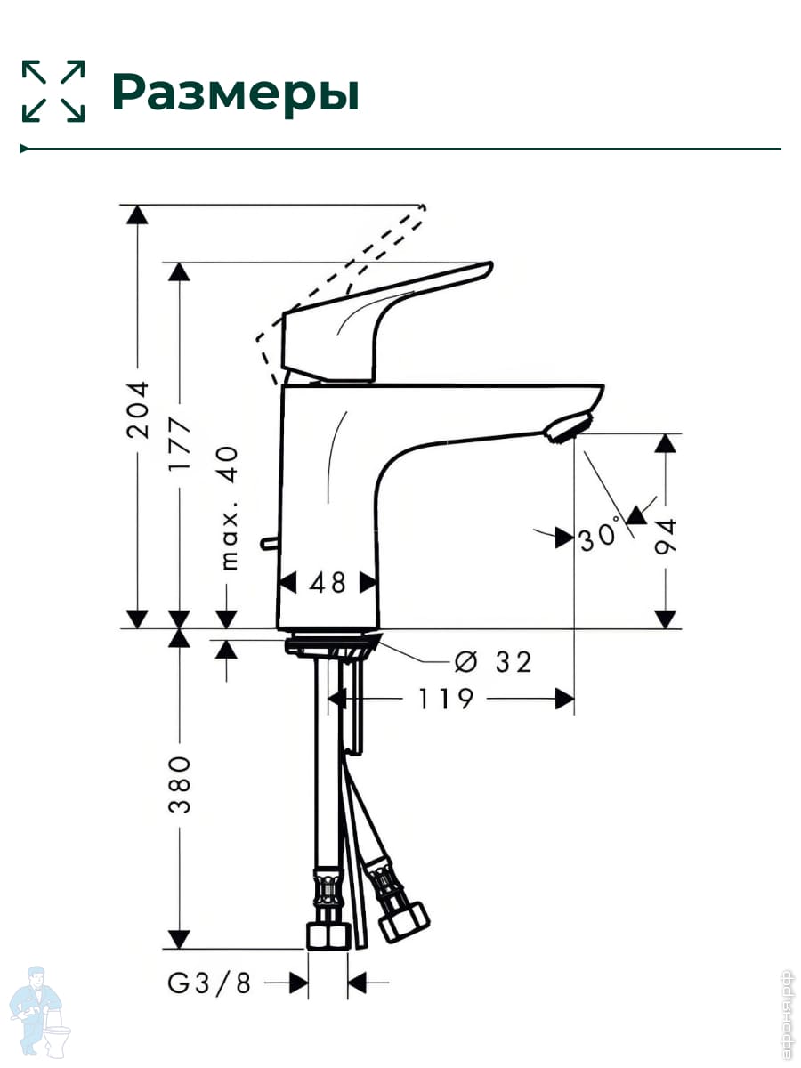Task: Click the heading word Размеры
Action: pos(236,93)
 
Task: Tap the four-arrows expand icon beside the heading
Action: pos(53,91)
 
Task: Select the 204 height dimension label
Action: pos(137,409)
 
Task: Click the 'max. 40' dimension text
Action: pos(229,508)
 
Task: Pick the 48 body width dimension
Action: pos(328,583)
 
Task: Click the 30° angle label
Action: pos(600,536)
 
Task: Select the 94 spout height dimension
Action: pos(666,536)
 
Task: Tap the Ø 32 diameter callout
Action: pos(493,662)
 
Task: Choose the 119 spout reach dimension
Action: pos(446,700)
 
